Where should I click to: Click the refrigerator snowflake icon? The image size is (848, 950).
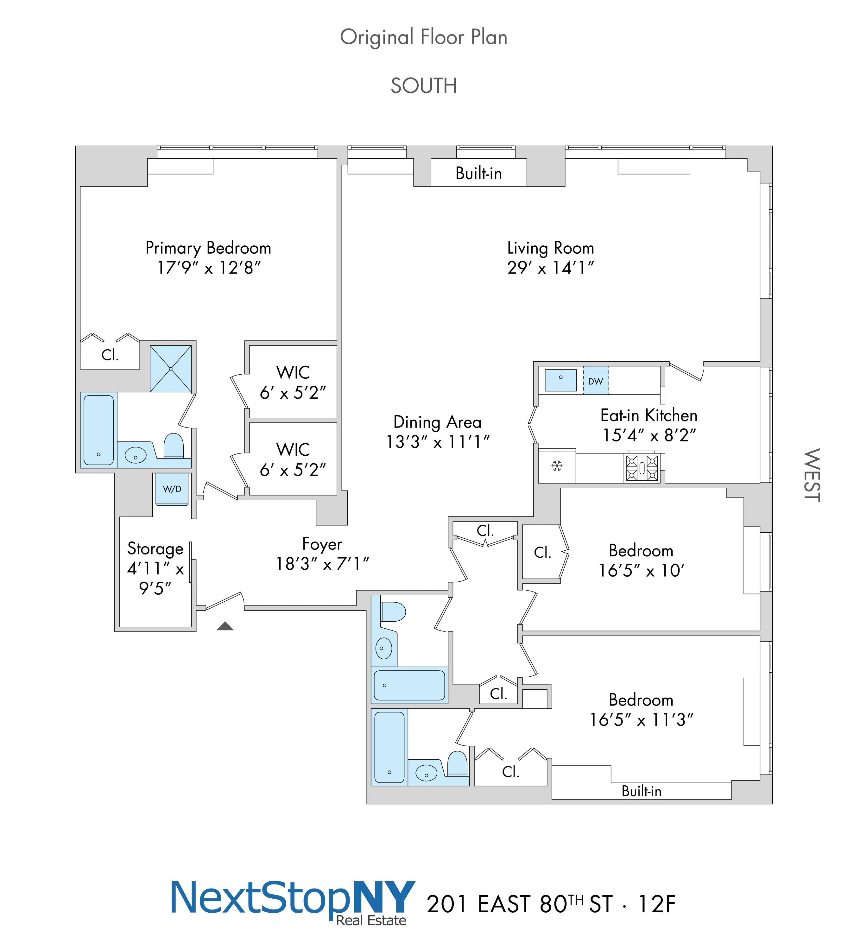click(557, 465)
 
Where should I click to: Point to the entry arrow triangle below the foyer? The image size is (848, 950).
click(225, 626)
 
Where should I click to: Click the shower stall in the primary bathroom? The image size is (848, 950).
click(171, 369)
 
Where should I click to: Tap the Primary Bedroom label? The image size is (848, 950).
click(208, 248)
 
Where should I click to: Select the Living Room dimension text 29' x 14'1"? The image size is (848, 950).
click(550, 268)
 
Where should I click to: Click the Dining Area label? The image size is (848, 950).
click(437, 422)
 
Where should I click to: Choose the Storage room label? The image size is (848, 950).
click(155, 549)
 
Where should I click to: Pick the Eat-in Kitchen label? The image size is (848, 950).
click(649, 415)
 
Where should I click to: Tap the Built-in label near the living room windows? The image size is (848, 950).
click(478, 173)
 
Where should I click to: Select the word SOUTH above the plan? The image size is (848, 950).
click(424, 86)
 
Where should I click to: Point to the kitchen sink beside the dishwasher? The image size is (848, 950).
click(560, 380)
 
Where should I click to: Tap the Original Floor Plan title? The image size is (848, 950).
click(424, 37)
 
